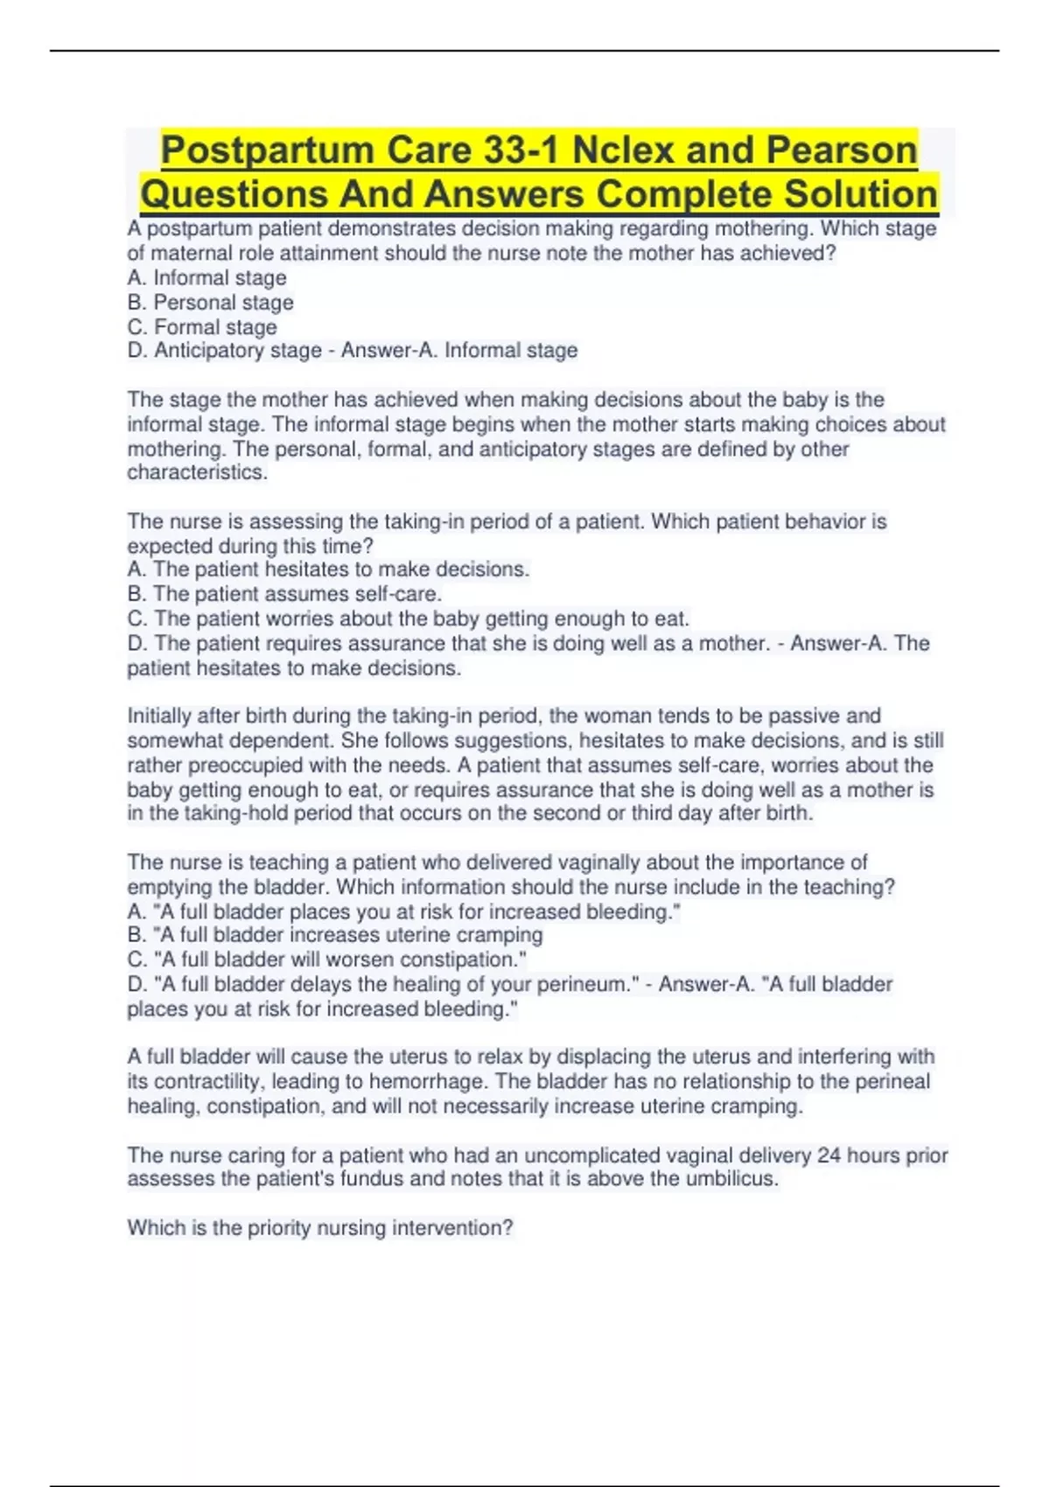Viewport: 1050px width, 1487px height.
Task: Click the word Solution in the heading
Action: (861, 194)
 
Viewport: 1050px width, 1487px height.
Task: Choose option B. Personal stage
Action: (211, 303)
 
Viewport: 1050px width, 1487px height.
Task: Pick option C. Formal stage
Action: (202, 327)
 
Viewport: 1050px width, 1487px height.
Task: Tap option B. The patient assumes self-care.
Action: (284, 594)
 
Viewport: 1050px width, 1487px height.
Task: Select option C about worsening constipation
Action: (326, 960)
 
